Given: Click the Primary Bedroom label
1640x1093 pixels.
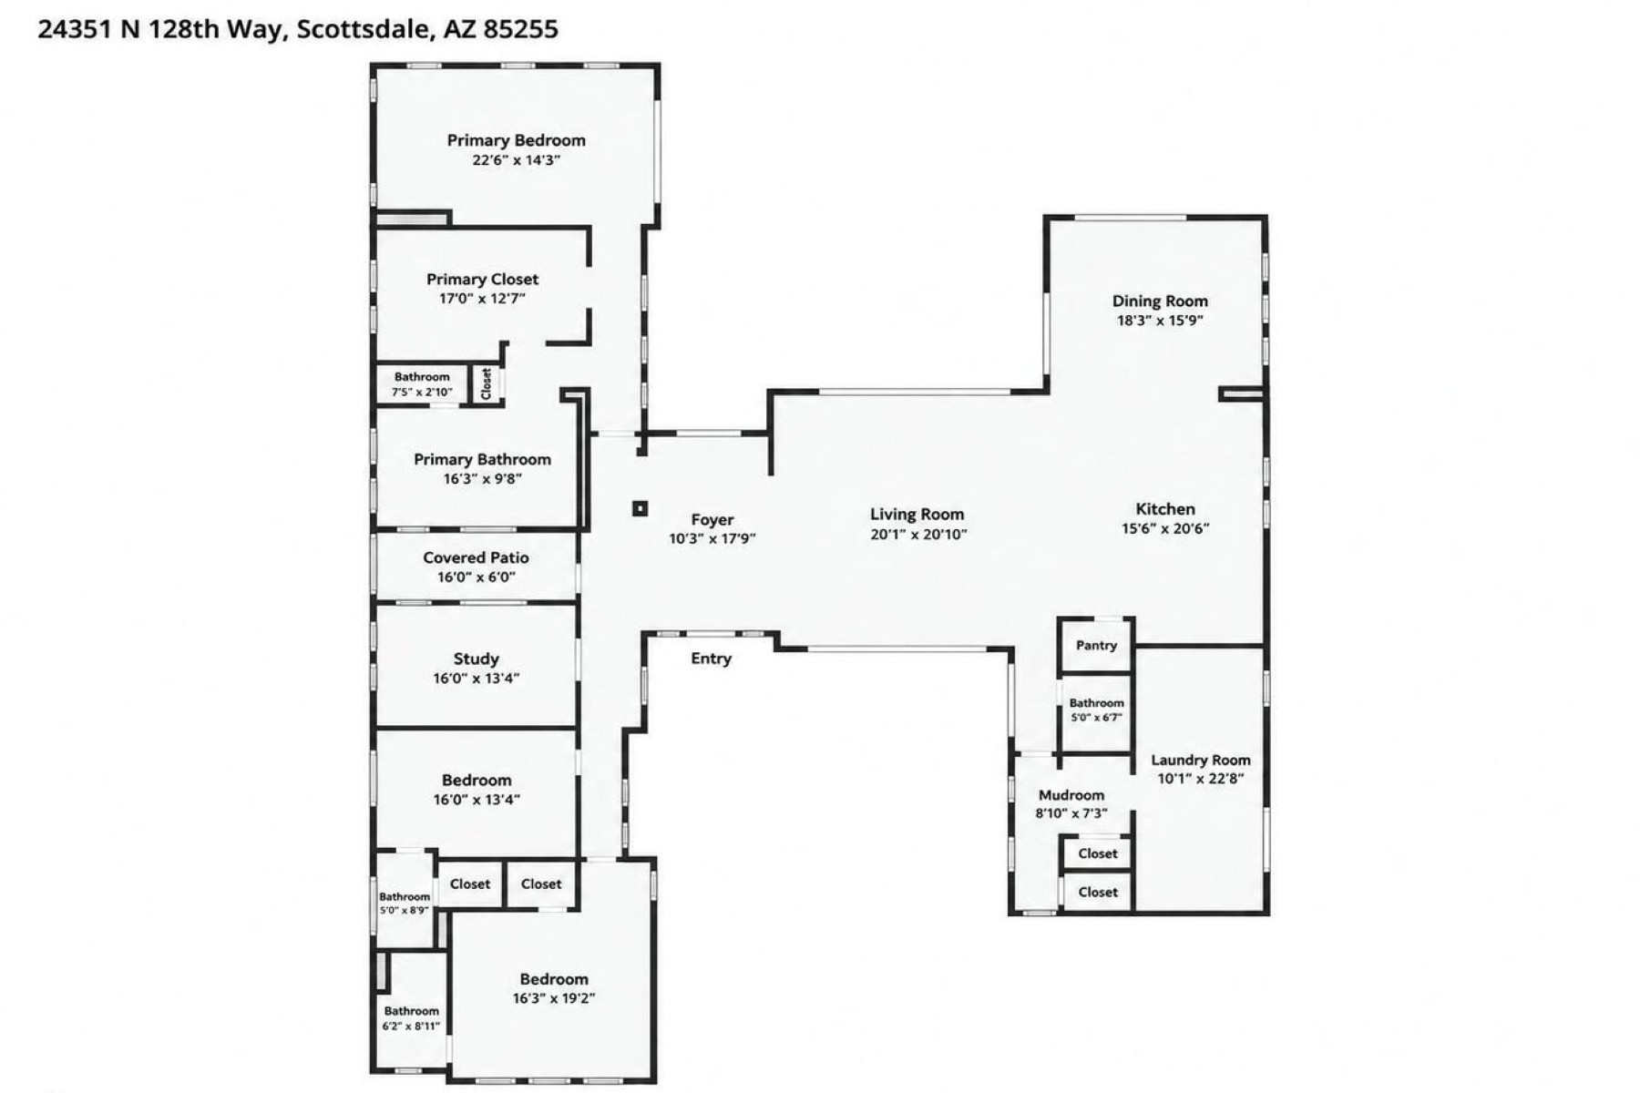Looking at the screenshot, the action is click(x=516, y=140).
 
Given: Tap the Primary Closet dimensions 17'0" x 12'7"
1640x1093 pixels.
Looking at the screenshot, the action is click(x=483, y=298).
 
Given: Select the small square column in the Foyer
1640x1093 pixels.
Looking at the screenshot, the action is click(x=641, y=508).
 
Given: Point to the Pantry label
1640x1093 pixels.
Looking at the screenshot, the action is click(x=1096, y=645).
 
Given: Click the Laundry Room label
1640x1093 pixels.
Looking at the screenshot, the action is click(x=1201, y=760).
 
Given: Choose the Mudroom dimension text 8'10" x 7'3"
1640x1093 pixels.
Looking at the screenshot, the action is click(x=1071, y=813).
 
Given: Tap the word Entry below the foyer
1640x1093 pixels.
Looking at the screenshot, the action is click(x=711, y=659).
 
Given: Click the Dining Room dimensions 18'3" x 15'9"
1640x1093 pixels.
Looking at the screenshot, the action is click(x=1161, y=321).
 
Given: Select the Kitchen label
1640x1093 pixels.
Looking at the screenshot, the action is click(x=1165, y=509).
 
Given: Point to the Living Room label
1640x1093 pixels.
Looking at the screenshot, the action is click(x=917, y=515).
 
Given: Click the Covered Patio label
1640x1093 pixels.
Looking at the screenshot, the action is click(x=476, y=557).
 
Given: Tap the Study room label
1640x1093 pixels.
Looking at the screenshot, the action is click(x=477, y=659).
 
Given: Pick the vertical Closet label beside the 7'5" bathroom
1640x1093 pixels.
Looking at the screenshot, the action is click(x=486, y=383).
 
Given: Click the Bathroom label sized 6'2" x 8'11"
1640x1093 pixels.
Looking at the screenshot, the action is click(x=411, y=1011).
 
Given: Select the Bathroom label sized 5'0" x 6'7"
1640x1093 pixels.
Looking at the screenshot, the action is click(x=1096, y=703).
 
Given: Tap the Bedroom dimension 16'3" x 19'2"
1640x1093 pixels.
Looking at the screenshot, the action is click(x=554, y=998).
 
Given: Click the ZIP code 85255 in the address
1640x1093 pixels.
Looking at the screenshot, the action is click(x=520, y=29).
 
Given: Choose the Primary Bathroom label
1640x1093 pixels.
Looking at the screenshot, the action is click(x=483, y=459).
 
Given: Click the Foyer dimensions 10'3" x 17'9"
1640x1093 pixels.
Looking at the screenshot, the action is click(x=712, y=539).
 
